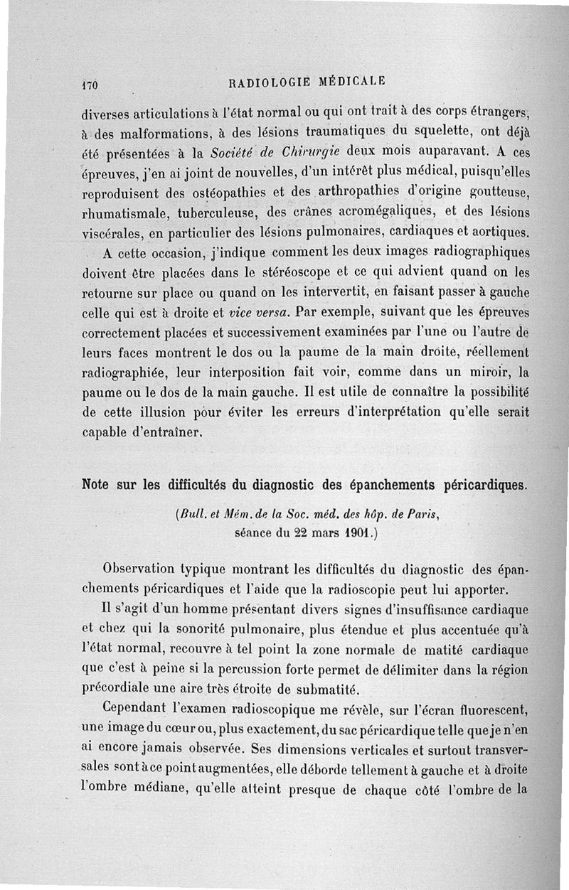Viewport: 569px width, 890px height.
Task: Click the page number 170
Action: click(x=89, y=84)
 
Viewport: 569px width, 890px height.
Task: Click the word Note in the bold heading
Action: click(x=99, y=486)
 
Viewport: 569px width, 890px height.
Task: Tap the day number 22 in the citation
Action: click(x=292, y=531)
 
